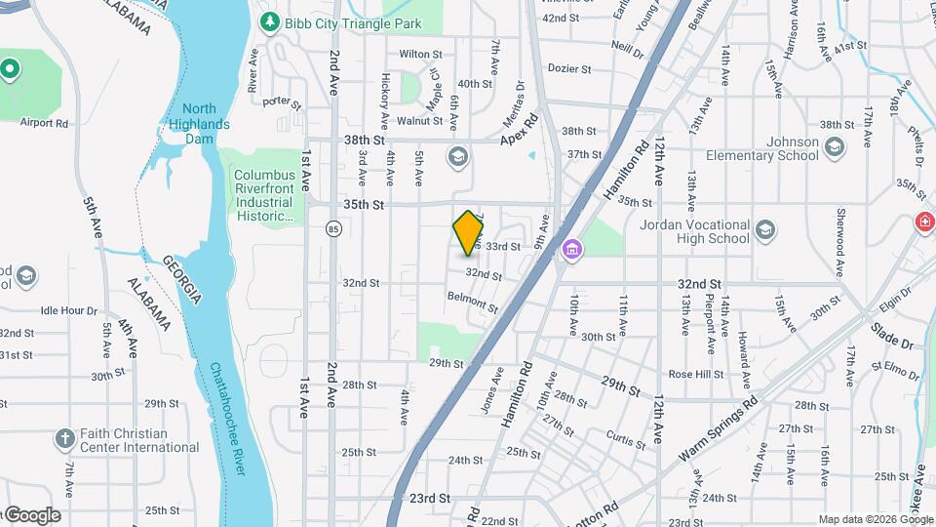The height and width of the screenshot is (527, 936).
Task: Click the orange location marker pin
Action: [x=469, y=232]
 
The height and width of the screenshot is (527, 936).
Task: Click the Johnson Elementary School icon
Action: [x=834, y=147]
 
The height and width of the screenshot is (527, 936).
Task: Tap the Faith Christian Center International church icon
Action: [x=65, y=438]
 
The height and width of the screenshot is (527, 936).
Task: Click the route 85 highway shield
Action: [x=334, y=229]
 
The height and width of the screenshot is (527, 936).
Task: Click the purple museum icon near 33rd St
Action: [x=570, y=250]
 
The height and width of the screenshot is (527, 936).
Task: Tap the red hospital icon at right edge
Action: [x=922, y=223]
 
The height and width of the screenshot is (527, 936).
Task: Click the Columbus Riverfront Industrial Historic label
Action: [x=263, y=195]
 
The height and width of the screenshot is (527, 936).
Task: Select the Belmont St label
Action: [x=473, y=302]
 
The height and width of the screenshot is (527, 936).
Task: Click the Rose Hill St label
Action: [x=695, y=374]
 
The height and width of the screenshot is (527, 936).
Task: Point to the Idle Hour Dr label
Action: [x=69, y=310]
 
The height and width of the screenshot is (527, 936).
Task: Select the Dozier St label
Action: [x=569, y=69]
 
